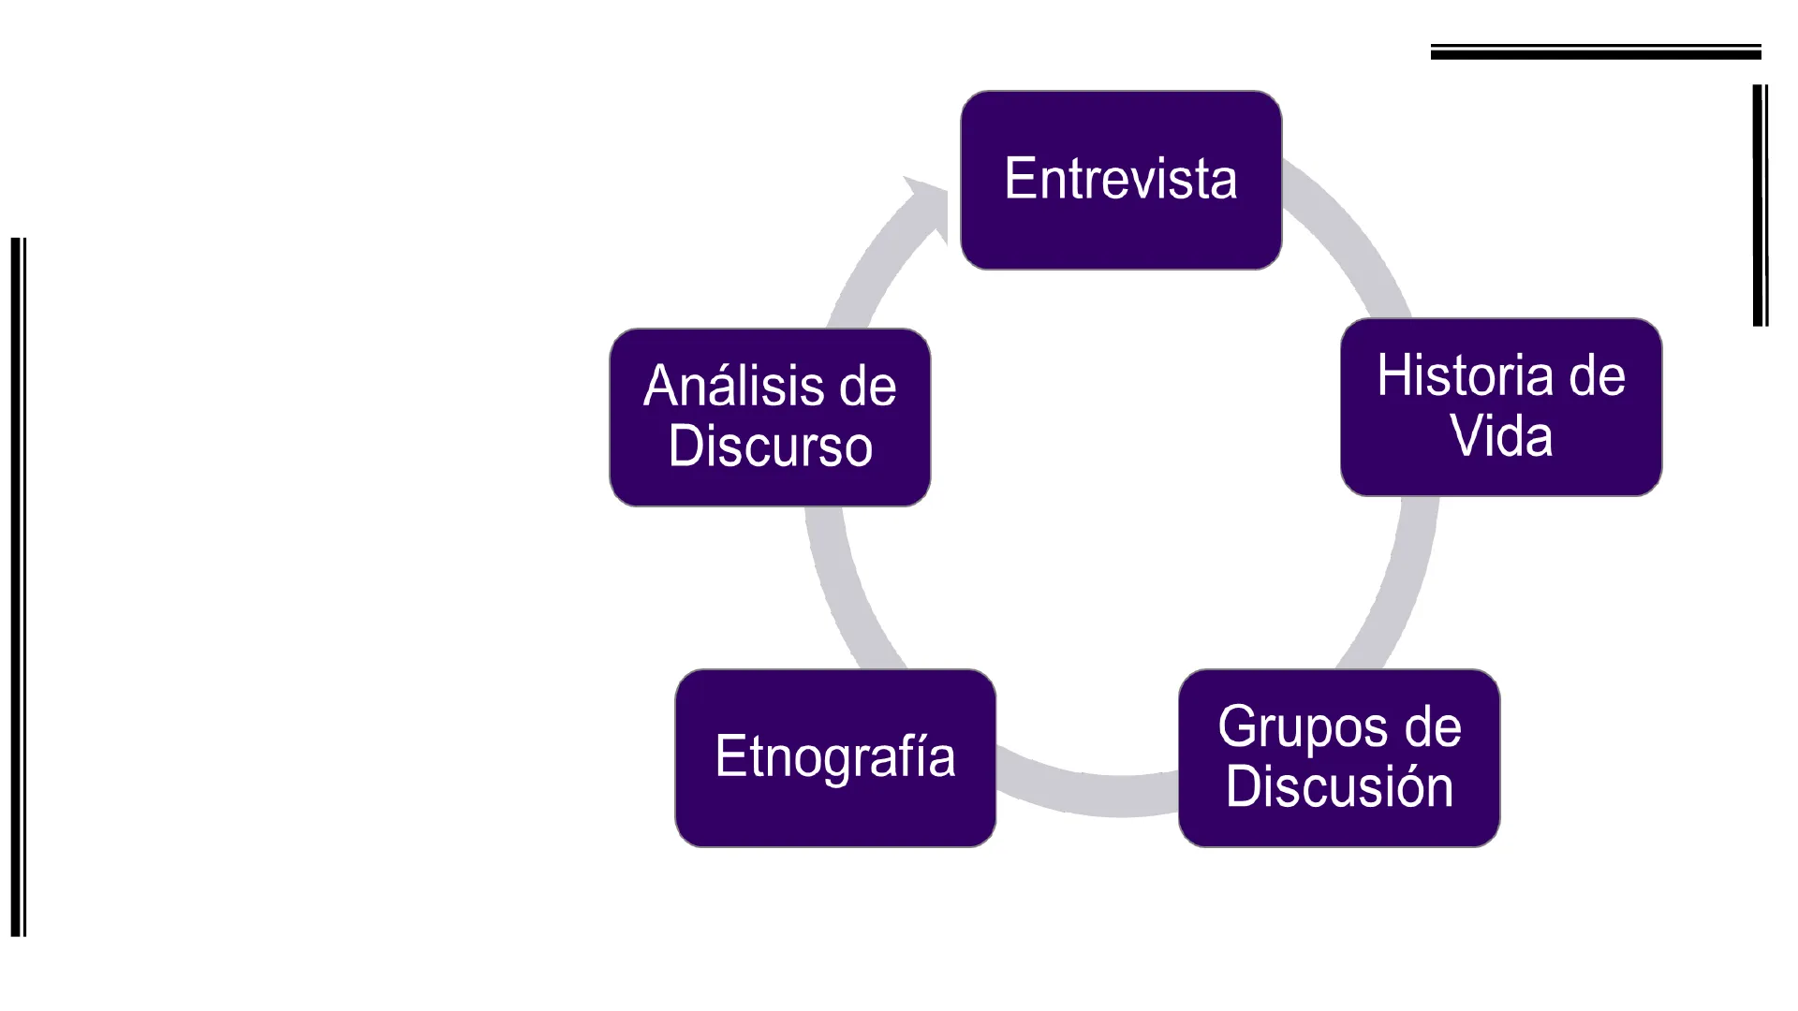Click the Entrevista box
click(1121, 180)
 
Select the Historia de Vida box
click(1501, 407)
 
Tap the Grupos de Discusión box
click(1339, 758)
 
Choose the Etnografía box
click(835, 758)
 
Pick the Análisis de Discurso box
click(770, 418)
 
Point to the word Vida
click(1501, 436)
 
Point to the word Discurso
click(770, 446)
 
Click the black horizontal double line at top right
click(1596, 52)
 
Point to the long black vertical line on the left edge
click(18, 587)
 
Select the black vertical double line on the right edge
click(1761, 206)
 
